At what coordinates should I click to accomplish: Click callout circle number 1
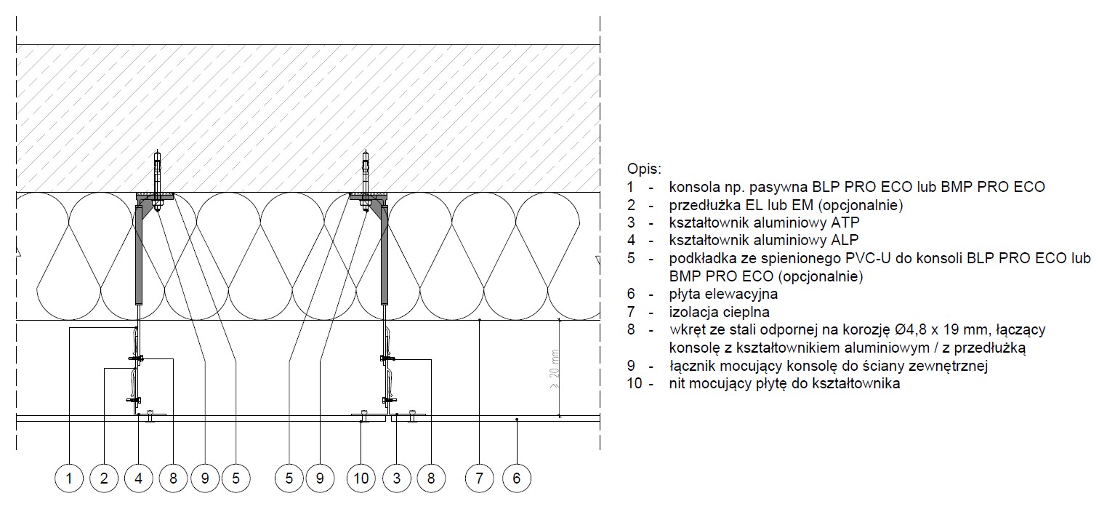coord(68,478)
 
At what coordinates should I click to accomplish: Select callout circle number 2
coord(104,478)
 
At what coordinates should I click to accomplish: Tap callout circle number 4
coord(139,478)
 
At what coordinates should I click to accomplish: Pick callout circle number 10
coord(361,478)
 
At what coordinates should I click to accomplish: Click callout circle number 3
coord(396,478)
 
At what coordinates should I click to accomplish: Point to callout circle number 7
coord(479,478)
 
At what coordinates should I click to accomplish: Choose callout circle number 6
coord(517,478)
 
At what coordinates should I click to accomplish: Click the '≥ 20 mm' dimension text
coord(555,369)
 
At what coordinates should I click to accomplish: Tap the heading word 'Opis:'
coord(644,169)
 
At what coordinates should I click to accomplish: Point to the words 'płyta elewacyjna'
coord(723,294)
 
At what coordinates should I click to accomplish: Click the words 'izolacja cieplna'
coord(720,312)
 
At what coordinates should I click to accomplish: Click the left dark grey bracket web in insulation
coord(139,254)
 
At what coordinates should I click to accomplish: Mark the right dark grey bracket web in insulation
coord(385,254)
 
